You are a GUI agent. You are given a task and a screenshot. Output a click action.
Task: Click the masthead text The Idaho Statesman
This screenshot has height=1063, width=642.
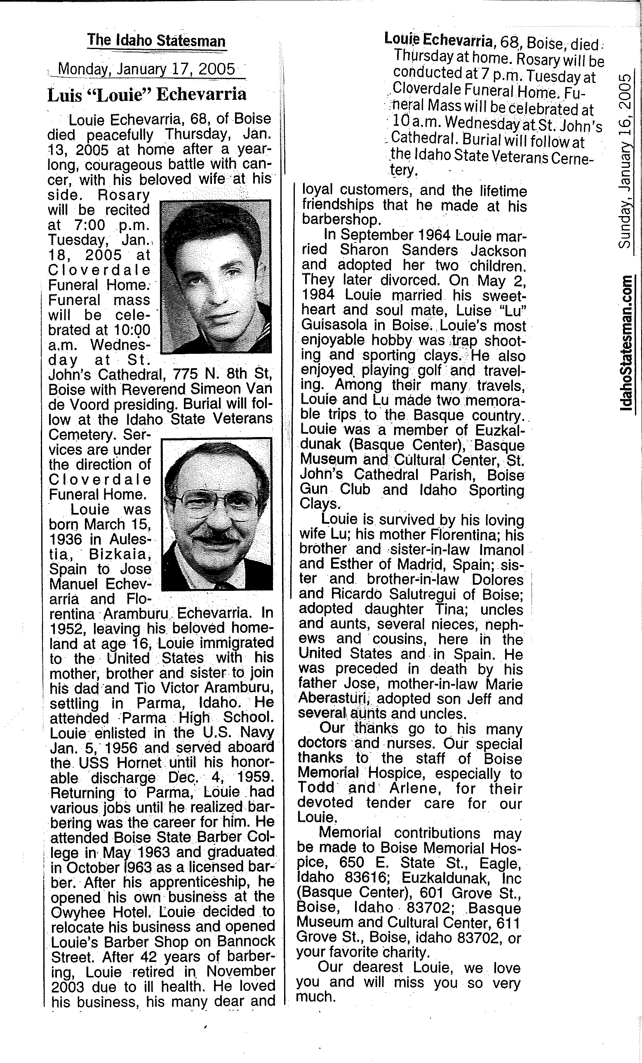click(x=156, y=41)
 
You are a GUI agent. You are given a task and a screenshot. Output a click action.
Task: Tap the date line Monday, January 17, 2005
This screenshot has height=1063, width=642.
click(x=147, y=69)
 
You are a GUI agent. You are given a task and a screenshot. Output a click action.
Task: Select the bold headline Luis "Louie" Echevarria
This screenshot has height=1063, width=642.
click(x=147, y=94)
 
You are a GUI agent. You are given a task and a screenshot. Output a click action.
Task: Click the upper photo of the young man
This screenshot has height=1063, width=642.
click(x=215, y=276)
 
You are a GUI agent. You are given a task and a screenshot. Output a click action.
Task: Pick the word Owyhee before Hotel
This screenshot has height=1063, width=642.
click(x=73, y=912)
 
